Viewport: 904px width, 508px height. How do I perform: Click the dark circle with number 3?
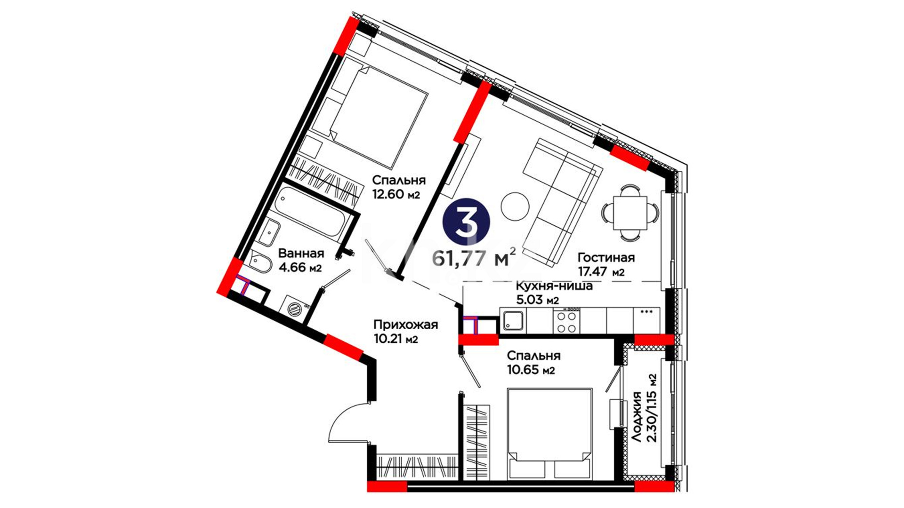(467, 222)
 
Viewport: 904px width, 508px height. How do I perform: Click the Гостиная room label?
(606, 258)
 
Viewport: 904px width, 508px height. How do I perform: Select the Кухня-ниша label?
(554, 286)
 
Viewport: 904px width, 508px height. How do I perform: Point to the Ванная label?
(301, 254)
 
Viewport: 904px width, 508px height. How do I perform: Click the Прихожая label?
(405, 325)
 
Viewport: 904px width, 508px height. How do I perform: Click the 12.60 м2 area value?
(396, 194)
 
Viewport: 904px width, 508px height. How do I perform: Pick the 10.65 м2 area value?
(531, 370)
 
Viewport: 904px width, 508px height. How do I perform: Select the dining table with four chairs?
(630, 213)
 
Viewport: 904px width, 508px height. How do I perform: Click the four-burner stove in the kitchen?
(567, 321)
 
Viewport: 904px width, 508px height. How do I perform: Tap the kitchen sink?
(513, 321)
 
